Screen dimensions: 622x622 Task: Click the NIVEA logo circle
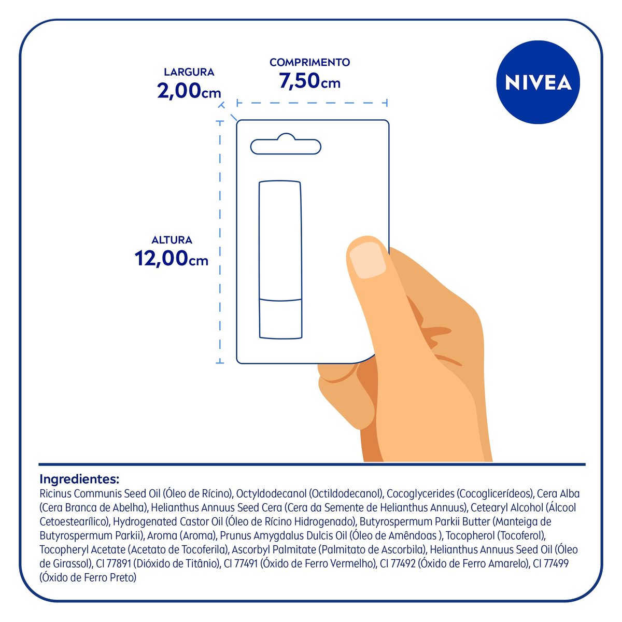coord(538,82)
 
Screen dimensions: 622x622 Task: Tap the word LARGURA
coord(189,72)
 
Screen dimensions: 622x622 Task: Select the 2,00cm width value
coord(189,91)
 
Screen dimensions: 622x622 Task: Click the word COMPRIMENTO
coord(309,62)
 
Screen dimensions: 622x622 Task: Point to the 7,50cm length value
coord(309,81)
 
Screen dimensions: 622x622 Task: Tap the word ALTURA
coord(172,240)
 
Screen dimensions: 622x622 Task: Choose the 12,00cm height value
coord(171,258)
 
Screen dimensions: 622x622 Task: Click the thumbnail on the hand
coord(367,259)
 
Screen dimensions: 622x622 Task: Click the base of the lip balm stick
coord(280,319)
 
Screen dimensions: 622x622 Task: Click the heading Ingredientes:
coord(79,478)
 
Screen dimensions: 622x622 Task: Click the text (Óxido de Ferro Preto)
coord(88,577)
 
